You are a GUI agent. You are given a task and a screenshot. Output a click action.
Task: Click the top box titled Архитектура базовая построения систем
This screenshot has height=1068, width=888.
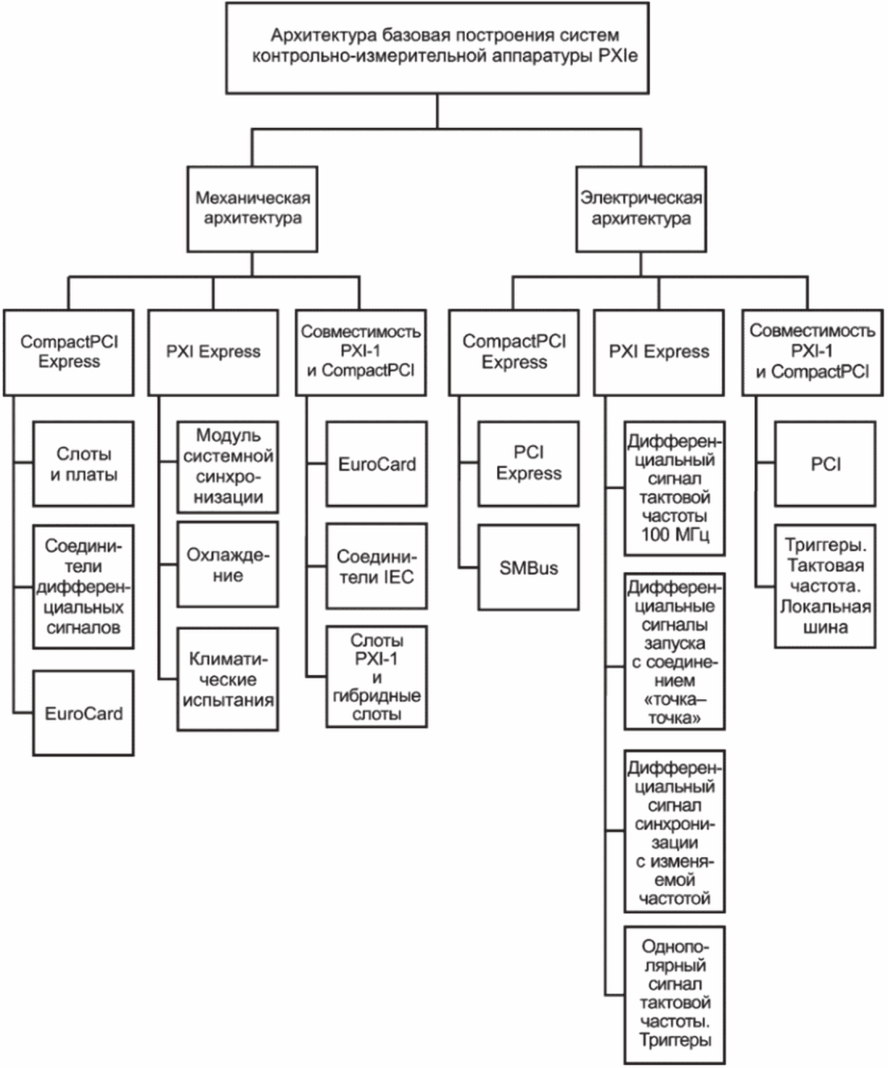pos(437,48)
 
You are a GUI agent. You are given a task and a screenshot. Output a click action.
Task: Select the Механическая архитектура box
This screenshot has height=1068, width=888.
pos(252,209)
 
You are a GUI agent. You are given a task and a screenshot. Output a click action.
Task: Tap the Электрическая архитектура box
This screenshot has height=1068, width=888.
pos(641,209)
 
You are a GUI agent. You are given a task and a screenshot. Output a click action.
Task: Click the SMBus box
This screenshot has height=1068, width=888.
pos(529,567)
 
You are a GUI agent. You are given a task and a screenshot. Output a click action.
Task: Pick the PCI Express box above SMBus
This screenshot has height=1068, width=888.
pos(529,464)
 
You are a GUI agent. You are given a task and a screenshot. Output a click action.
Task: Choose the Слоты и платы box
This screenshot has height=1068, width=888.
pos(84,464)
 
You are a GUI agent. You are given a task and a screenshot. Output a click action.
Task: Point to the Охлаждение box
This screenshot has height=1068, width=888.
pos(228,564)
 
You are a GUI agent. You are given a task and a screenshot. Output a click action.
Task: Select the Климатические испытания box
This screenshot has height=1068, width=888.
pos(228,679)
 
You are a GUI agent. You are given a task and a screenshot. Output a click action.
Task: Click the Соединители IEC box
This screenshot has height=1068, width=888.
pos(376,566)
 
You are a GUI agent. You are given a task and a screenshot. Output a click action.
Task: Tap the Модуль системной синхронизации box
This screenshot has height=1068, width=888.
pos(228,467)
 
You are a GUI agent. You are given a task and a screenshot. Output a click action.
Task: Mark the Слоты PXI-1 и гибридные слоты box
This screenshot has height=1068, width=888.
pos(376,677)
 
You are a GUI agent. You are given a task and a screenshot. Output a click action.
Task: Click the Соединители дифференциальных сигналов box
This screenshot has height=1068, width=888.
pos(84,586)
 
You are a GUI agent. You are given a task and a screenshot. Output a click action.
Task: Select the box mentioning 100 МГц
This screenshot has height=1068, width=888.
pos(674,488)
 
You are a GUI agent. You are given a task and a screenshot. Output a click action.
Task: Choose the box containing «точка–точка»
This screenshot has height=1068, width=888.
pos(674,652)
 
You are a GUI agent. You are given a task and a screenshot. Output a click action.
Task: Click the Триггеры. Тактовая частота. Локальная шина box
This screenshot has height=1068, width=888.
pos(825,586)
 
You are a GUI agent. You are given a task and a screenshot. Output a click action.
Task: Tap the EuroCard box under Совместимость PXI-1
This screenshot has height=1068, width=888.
pos(376,464)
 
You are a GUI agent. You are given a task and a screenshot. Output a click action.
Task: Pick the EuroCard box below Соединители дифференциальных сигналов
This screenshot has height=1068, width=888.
pos(84,714)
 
